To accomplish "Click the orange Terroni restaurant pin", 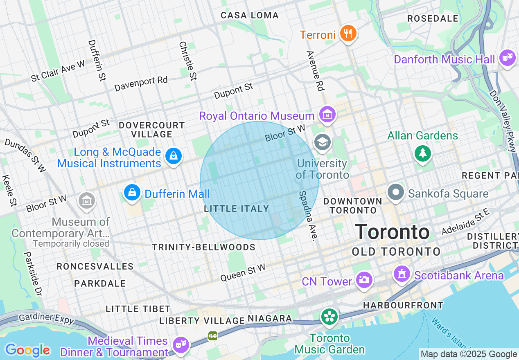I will [x=348, y=34].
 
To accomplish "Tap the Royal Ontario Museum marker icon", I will [x=327, y=115].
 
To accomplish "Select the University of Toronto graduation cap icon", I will [x=323, y=143].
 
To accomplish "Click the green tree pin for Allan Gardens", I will [x=423, y=153].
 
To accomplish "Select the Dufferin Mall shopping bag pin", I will [x=132, y=192].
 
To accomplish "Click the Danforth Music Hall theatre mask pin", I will [x=507, y=59].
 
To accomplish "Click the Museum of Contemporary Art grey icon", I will [x=87, y=200].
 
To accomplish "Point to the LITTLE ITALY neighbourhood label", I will [x=237, y=209].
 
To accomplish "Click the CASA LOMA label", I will [x=250, y=16].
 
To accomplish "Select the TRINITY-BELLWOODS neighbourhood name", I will [x=203, y=247].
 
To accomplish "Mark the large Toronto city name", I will [x=392, y=232].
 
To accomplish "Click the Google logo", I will [x=27, y=350].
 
